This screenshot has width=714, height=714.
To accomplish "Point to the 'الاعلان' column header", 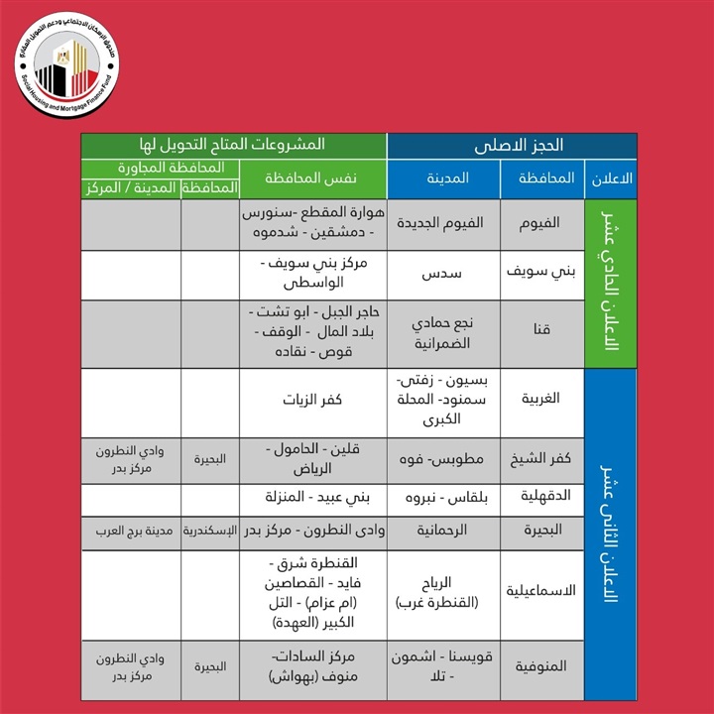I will pyautogui.click(x=611, y=178).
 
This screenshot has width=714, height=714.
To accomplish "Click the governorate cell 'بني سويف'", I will pyautogui.click(x=542, y=269).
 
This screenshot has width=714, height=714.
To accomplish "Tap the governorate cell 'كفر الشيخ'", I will pyautogui.click(x=542, y=459).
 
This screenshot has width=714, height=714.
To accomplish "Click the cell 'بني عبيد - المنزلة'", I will pyautogui.click(x=311, y=496).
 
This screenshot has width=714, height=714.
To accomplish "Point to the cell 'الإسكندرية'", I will pyautogui.click(x=209, y=530).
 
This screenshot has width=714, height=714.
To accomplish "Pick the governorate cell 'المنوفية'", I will pyautogui.click(x=542, y=667).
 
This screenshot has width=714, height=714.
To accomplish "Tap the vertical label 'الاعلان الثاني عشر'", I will pyautogui.click(x=611, y=535).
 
